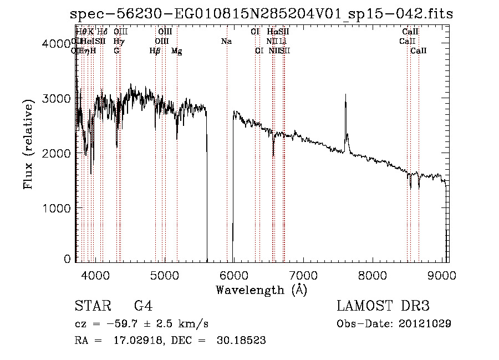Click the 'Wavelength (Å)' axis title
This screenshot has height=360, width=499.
[261, 289]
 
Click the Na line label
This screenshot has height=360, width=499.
[226, 41]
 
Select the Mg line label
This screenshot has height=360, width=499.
[177, 51]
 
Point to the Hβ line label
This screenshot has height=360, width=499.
[155, 51]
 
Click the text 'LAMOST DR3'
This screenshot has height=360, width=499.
[383, 306]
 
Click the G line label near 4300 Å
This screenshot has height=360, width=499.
[116, 51]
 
